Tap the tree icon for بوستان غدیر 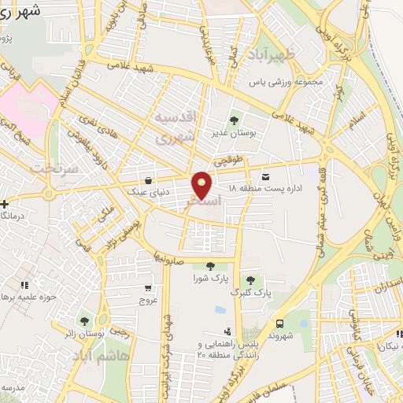click(x=233, y=120)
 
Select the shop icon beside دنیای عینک click(x=150, y=180)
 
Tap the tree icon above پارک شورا click(x=209, y=266)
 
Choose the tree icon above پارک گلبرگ click(x=250, y=279)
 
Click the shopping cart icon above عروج click(x=149, y=287)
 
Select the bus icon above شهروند click(x=280, y=323)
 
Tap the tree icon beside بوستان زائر click(x=84, y=321)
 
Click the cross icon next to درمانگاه click(x=5, y=204)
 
